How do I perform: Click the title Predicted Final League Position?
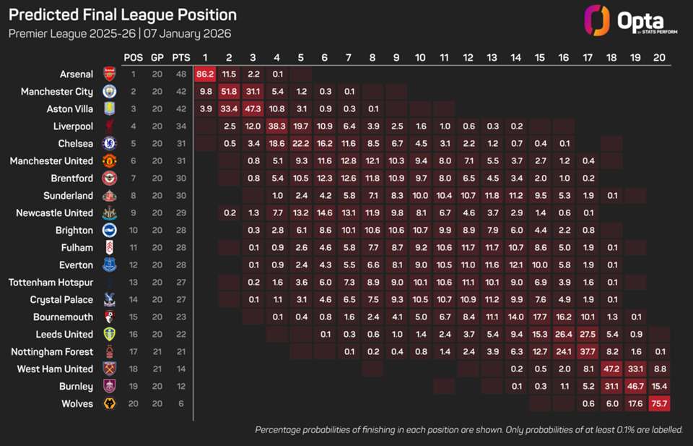122,14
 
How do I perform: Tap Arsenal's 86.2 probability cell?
205,74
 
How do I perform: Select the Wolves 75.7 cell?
658,403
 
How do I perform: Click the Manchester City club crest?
109,91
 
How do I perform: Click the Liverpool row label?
72,126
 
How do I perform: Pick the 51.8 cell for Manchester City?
229,91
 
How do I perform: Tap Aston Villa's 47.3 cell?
253,108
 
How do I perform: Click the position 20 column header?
658,57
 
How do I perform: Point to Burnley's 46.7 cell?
635,386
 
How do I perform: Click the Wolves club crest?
109,403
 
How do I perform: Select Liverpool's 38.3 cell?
276,126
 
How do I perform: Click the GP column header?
157,57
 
